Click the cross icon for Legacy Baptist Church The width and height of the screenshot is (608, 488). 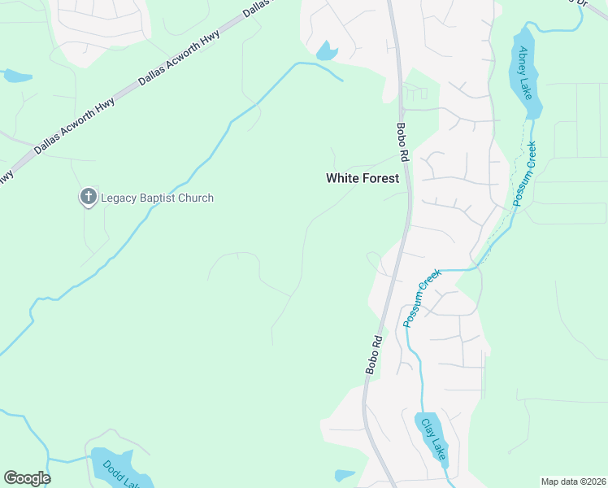click(88, 197)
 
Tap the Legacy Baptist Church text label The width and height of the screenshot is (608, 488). click(156, 198)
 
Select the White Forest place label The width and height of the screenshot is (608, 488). click(363, 178)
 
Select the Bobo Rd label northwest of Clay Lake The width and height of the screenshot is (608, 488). click(374, 354)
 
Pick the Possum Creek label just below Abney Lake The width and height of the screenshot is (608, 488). click(525, 175)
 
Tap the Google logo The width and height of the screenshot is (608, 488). click(27, 478)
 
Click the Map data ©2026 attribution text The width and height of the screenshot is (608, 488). click(573, 481)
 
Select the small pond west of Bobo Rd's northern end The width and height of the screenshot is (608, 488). click(327, 52)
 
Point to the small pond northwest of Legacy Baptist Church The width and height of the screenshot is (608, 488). click(16, 77)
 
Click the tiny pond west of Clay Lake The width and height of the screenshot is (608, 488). click(345, 475)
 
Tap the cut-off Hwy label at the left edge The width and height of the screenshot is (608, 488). click(6, 176)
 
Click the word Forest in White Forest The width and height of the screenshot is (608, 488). click(381, 178)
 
